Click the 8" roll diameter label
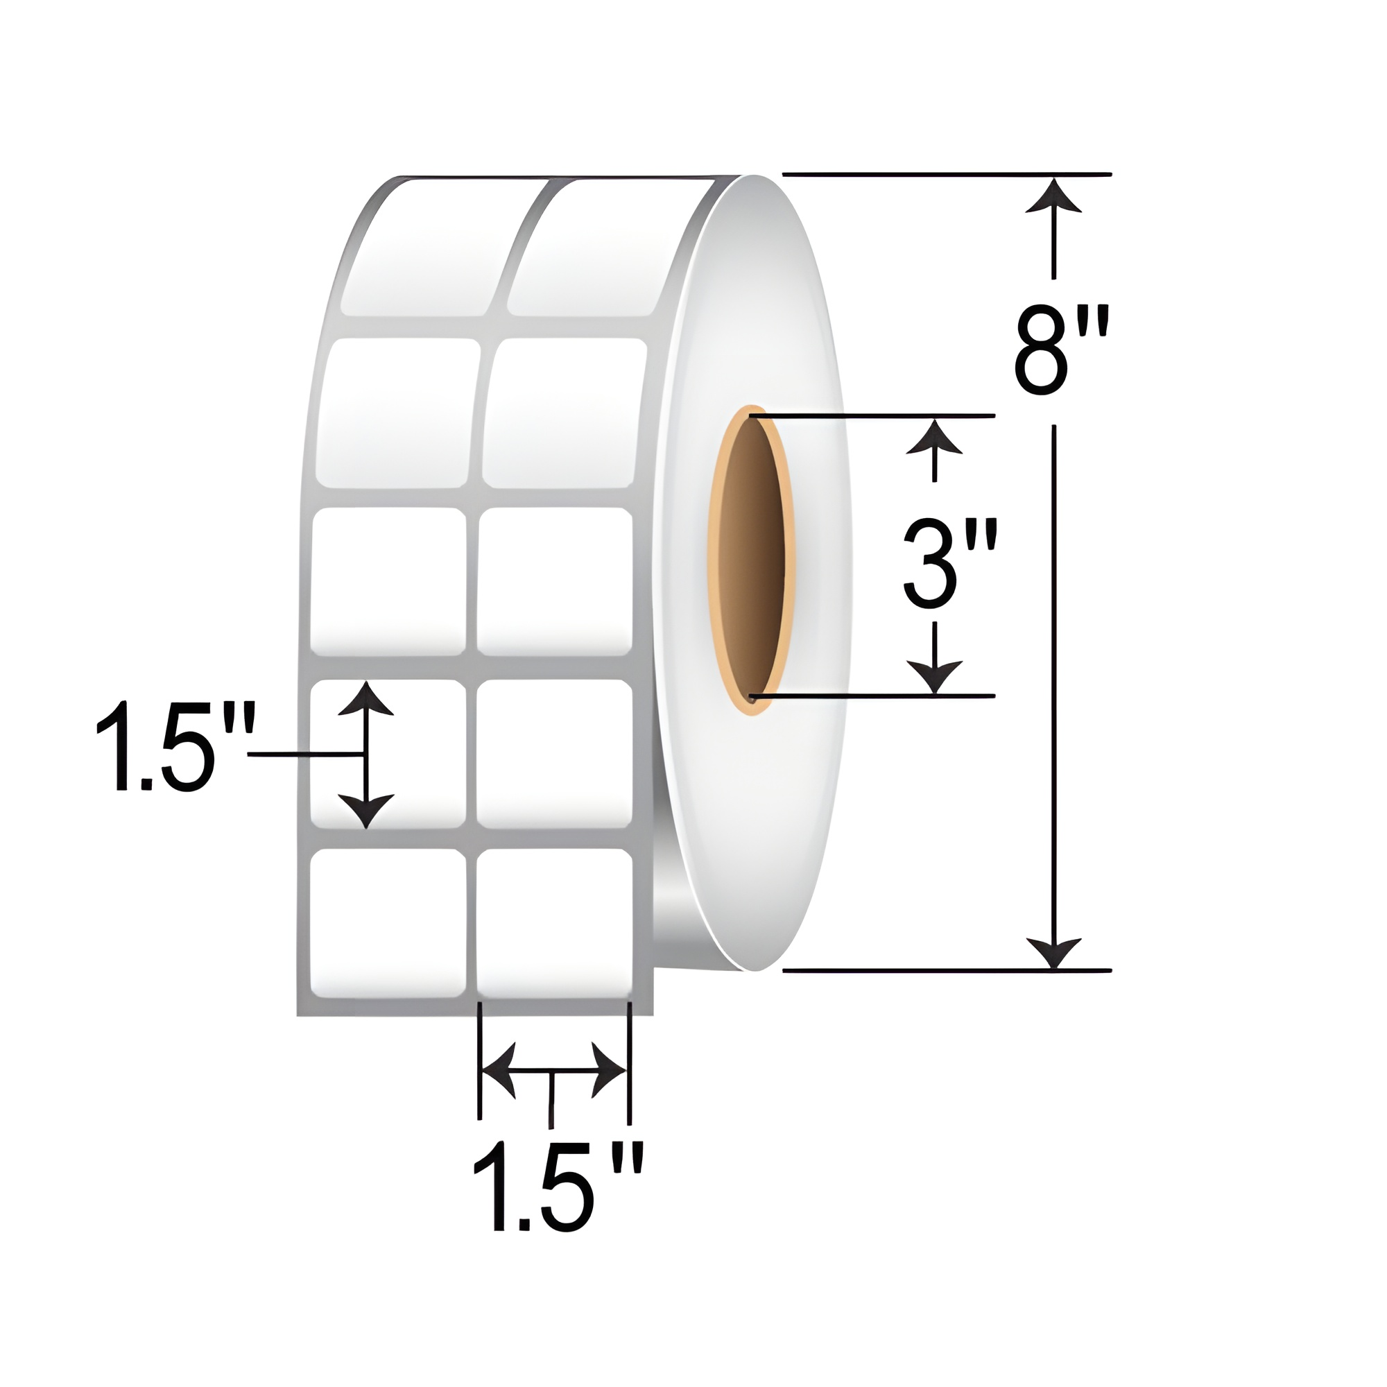[1061, 350]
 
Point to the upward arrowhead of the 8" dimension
[1053, 198]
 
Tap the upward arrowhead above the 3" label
[934, 438]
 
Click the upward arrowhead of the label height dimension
[366, 700]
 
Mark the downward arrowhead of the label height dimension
[366, 811]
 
